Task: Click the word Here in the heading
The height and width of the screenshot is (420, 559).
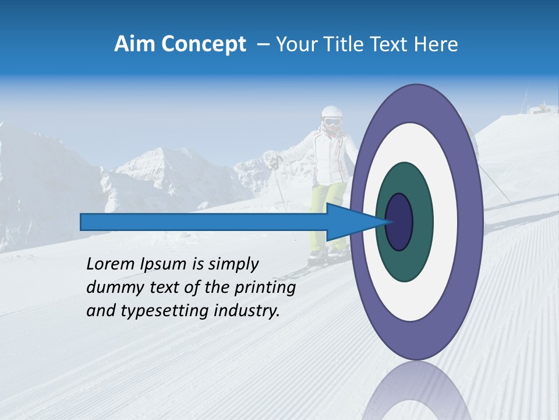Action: pyautogui.click(x=436, y=44)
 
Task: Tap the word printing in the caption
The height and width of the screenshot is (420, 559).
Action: pyautogui.click(x=264, y=288)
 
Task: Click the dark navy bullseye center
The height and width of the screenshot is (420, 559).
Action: pyautogui.click(x=399, y=222)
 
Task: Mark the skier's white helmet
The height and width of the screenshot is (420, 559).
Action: pyautogui.click(x=331, y=111)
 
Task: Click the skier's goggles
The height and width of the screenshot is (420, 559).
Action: pyautogui.click(x=331, y=123)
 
